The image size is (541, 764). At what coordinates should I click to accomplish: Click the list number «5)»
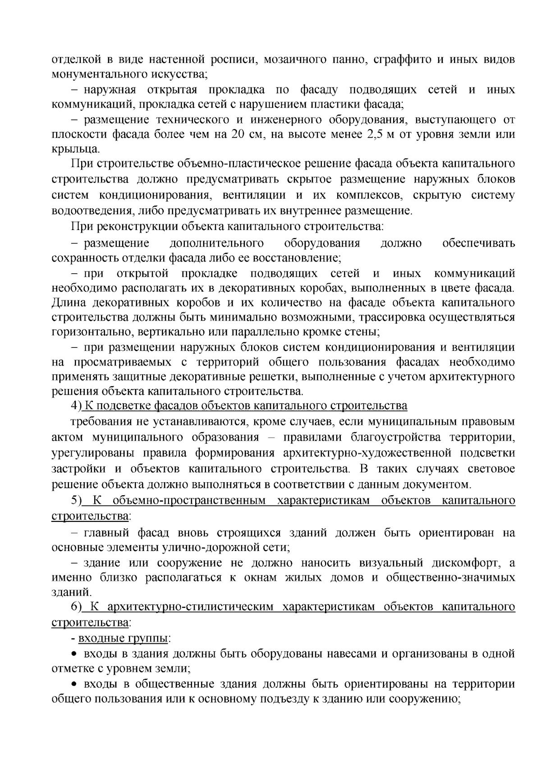tap(76, 501)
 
